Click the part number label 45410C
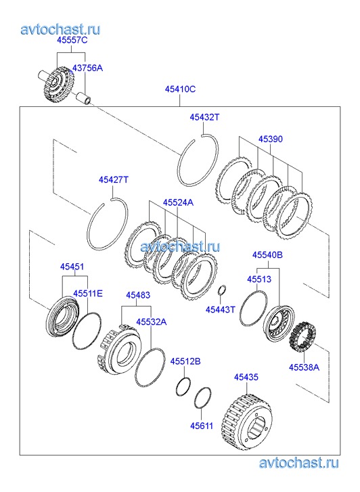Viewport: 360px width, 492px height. coord(180,89)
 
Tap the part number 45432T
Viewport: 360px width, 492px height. coord(204,117)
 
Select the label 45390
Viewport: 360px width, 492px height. coord(271,139)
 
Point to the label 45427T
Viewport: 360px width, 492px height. coord(114,180)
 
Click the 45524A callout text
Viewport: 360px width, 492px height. coord(178,203)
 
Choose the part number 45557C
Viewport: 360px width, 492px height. coord(72,40)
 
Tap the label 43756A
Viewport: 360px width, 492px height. coord(87,68)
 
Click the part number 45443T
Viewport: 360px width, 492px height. coord(221,310)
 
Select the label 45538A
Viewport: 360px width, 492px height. coord(304,367)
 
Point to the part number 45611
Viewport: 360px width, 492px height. coord(202,426)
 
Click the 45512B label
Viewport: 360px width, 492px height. coord(185,361)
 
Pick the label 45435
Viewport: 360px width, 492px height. coord(246,377)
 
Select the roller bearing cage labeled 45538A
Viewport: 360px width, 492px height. coord(302,336)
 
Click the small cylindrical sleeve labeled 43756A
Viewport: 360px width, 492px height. coord(84,97)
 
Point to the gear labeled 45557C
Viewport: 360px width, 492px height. coord(59,83)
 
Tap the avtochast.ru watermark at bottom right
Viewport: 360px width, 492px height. coord(298,463)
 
